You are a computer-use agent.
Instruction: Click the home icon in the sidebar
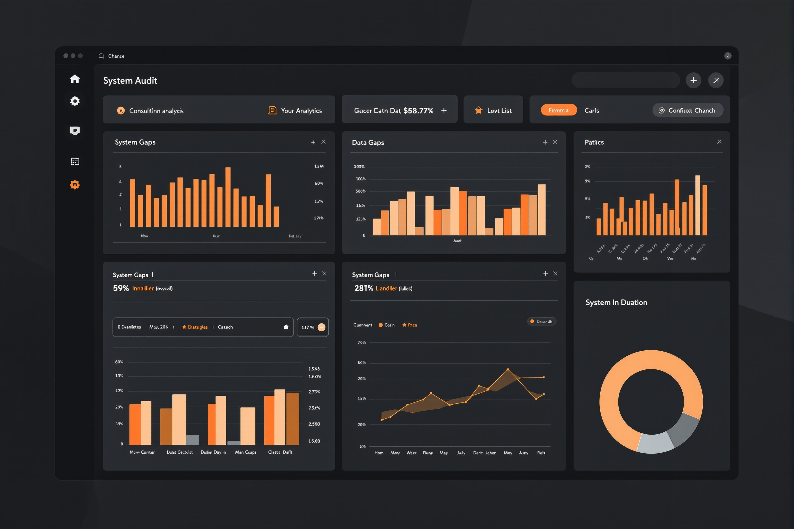point(75,79)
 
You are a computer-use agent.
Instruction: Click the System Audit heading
point(130,81)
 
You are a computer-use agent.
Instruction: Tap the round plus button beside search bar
point(693,80)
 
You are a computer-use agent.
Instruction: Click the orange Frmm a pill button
point(558,110)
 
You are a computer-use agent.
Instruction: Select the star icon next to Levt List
point(478,110)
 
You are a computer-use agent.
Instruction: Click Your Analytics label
point(301,111)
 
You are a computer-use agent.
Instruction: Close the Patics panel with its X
point(719,142)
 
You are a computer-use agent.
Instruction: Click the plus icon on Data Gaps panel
point(545,142)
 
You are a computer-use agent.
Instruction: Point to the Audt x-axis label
point(457,241)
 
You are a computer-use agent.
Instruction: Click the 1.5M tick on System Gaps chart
point(319,166)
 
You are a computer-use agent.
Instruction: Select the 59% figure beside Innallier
point(121,288)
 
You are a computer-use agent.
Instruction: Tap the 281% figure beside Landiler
point(363,288)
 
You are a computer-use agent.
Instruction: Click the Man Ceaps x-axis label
point(246,452)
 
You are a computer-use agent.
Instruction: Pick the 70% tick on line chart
point(362,342)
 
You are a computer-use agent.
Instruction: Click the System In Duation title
point(616,302)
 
